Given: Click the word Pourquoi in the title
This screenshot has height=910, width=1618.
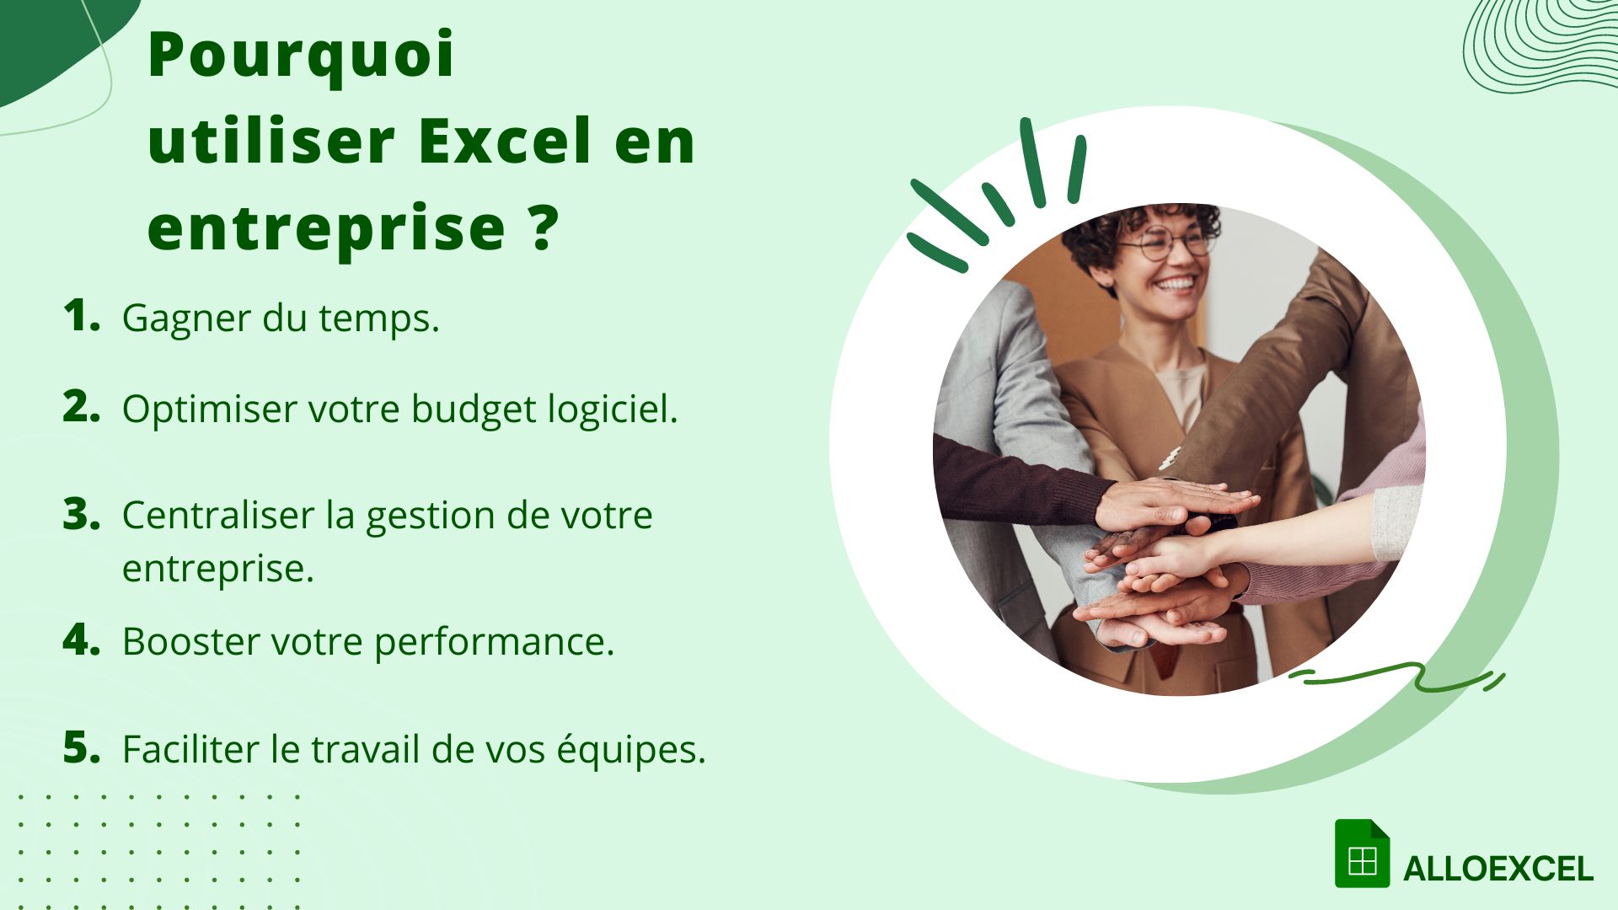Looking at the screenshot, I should (x=301, y=56).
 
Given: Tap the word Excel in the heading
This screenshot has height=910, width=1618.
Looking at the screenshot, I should (x=504, y=142).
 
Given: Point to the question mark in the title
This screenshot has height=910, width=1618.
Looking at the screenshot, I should (x=545, y=227).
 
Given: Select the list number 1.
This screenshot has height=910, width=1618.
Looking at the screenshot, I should (x=80, y=316).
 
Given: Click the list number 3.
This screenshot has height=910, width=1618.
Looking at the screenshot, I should (x=81, y=514).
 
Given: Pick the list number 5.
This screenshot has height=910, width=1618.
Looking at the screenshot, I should (x=81, y=747).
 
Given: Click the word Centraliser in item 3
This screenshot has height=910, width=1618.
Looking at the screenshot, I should (x=217, y=516).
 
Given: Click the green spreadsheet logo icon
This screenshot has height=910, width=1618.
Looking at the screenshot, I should (x=1362, y=854).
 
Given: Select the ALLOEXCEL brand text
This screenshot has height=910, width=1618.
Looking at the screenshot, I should (x=1497, y=870).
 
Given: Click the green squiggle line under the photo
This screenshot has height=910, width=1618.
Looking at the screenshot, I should (x=1399, y=677).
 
